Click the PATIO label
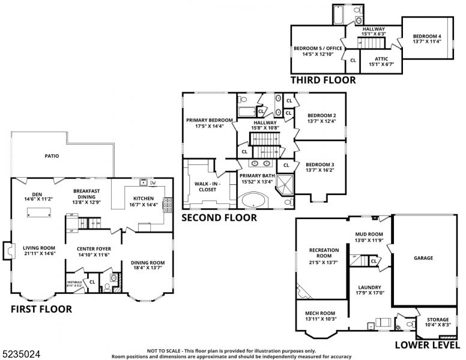52,156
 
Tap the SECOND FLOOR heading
219,218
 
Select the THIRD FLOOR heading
323,80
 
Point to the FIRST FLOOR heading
41,310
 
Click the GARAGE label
423,258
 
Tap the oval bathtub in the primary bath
256,200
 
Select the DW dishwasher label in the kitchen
153,183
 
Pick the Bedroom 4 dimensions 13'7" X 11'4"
428,41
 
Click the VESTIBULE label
74,281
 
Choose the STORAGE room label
437,319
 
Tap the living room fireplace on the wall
7,251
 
